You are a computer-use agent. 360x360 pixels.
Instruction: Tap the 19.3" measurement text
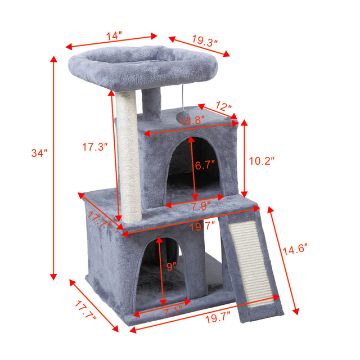point(204,41)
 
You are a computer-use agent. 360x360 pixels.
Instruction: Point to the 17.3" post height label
point(94,147)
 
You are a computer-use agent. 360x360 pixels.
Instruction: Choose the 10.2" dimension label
point(262,161)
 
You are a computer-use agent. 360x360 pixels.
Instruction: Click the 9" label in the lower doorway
point(171,265)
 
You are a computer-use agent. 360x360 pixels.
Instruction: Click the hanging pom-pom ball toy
point(182,115)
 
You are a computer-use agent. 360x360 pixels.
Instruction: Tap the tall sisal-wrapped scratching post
point(128,157)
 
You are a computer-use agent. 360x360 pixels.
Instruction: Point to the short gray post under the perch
point(151,104)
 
